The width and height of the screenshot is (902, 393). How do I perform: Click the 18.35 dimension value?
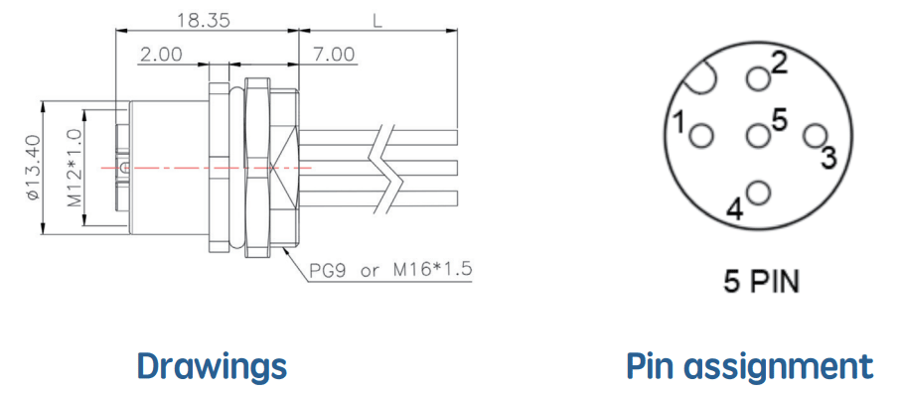(x=204, y=20)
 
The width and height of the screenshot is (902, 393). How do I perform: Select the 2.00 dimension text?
(x=161, y=55)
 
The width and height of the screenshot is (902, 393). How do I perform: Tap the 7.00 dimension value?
(x=334, y=55)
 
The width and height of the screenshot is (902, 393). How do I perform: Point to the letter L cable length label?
(x=377, y=21)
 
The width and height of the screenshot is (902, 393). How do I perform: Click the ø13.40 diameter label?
(x=33, y=168)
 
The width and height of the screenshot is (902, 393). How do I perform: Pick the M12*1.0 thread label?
(x=75, y=168)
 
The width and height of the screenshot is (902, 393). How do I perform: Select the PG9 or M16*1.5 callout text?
(x=390, y=270)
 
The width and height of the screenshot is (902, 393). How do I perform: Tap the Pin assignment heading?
(x=750, y=366)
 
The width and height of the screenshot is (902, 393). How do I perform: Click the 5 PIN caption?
(x=761, y=282)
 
